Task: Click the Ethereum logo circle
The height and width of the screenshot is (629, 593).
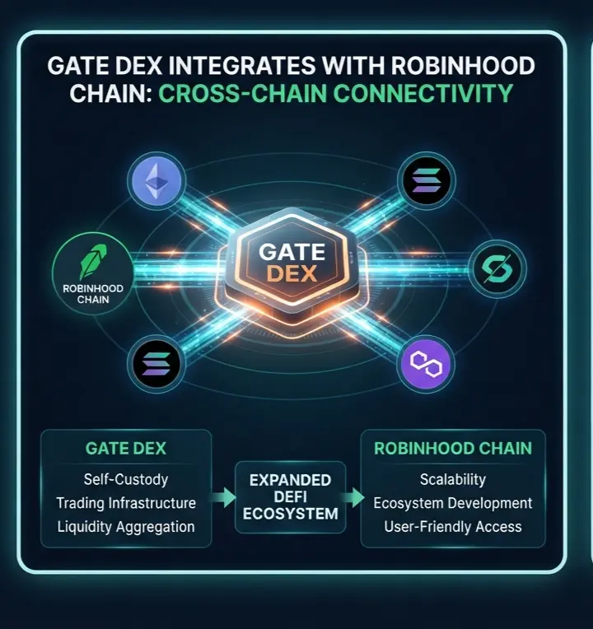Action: coord(156,181)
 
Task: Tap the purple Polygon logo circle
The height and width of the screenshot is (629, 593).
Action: coord(426,364)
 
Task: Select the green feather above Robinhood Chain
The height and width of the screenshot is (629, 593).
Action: coord(93,261)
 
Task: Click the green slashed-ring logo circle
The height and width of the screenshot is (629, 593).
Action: coord(497,268)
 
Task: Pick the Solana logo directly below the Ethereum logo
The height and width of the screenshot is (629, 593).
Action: coord(156,364)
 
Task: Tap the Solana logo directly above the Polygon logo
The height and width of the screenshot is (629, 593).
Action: coord(427,181)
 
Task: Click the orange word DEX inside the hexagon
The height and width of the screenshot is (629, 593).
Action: coord(292,273)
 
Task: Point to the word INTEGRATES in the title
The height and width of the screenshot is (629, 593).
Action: coord(242,66)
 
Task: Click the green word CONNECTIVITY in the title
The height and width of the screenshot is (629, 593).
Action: coord(423,94)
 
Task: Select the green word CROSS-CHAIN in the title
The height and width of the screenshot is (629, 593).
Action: coord(242,94)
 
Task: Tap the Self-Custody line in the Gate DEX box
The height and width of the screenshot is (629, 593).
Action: coord(125,479)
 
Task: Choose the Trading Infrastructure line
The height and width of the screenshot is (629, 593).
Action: coord(126,503)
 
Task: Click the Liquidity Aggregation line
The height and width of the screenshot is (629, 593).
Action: coord(126,527)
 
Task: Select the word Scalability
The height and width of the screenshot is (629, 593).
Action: coord(453,479)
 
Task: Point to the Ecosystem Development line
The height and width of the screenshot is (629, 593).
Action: coord(453,503)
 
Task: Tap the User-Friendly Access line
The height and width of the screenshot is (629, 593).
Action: coord(453,527)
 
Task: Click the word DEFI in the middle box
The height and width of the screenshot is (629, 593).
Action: coord(291,497)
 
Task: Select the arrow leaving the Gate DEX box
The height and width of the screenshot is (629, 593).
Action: coord(222,497)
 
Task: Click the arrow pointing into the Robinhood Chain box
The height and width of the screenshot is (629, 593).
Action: coord(353,497)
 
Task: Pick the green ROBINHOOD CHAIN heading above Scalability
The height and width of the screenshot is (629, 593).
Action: coord(453,449)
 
